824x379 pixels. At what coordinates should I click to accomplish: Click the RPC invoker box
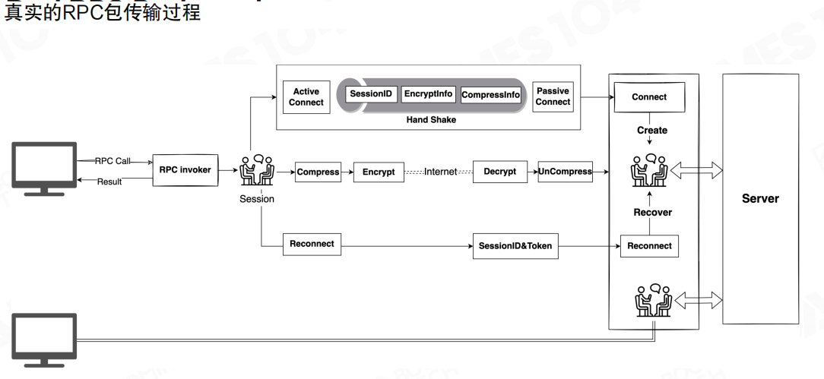click(x=185, y=170)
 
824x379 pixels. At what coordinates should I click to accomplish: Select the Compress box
click(x=318, y=172)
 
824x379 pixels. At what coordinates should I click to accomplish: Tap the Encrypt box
click(x=379, y=172)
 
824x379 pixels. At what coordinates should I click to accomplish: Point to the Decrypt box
click(x=499, y=172)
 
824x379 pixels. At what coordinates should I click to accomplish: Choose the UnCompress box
click(x=565, y=172)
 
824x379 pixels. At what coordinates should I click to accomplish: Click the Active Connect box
click(x=306, y=97)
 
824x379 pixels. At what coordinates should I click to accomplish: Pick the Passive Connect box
click(x=553, y=96)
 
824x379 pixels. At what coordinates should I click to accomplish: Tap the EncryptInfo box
click(x=428, y=94)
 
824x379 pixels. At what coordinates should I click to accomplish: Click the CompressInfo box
click(x=491, y=95)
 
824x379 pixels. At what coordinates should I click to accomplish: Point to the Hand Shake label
click(x=431, y=119)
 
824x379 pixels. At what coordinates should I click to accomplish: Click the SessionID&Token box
click(x=515, y=246)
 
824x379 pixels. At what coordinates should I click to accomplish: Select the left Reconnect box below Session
click(x=312, y=244)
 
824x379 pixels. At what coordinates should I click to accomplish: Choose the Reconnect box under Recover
click(x=649, y=246)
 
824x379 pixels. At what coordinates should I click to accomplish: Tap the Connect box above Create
click(x=648, y=97)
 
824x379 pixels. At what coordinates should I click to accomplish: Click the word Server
click(x=760, y=199)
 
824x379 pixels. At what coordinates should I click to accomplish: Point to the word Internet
click(x=440, y=172)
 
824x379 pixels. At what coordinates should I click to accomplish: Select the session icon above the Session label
click(x=256, y=172)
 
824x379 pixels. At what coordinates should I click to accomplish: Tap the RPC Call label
click(x=113, y=161)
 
